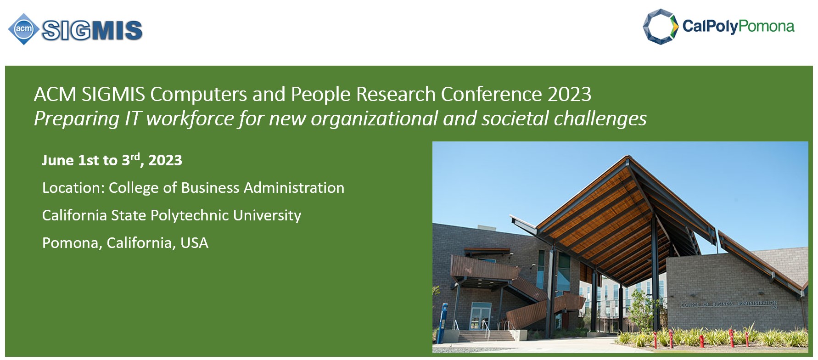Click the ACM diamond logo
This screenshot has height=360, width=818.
coord(23,29)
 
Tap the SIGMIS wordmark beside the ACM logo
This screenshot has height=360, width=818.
coord(92,30)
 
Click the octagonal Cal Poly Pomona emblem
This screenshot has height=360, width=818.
coord(661,27)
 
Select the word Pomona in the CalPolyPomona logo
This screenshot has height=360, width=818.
coord(766,26)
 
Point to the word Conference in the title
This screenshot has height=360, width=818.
coord(491,94)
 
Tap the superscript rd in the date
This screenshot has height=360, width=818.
coord(135,157)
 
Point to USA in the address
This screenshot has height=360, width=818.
coord(194,243)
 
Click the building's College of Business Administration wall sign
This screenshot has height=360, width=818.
coord(729,304)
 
